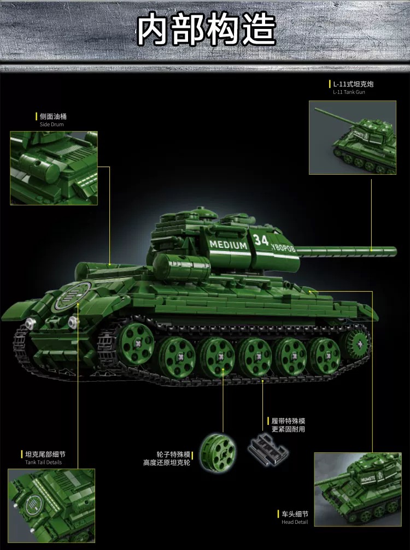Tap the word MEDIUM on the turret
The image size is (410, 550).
(229, 245)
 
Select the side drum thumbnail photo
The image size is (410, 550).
(54, 168)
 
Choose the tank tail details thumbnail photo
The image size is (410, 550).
(51, 505)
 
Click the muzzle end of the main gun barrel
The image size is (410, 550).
(391, 251)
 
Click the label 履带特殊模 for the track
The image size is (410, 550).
(288, 421)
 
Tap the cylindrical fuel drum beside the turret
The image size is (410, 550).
(174, 265)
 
